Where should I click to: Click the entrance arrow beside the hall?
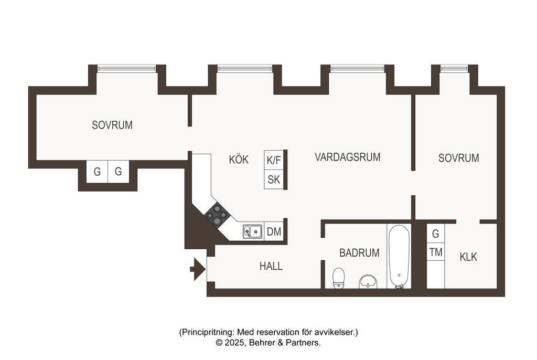pyautogui.click(x=198, y=269)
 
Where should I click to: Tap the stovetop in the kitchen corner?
pyautogui.click(x=217, y=215)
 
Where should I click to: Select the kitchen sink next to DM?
pyautogui.click(x=253, y=232)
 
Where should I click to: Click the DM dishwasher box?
pyautogui.click(x=274, y=232)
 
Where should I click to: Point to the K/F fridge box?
pyautogui.click(x=274, y=160)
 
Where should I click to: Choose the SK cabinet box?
pyautogui.click(x=274, y=179)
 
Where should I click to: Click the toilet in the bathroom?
pyautogui.click(x=339, y=278)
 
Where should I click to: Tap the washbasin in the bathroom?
pyautogui.click(x=368, y=282)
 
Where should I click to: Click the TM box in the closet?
pyautogui.click(x=436, y=252)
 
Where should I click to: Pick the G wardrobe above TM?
pyautogui.click(x=436, y=234)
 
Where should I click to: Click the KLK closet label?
pyautogui.click(x=468, y=257)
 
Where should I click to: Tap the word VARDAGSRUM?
pyautogui.click(x=348, y=157)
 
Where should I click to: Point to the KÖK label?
pyautogui.click(x=239, y=160)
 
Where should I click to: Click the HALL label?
pyautogui.click(x=271, y=266)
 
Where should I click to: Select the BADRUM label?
pyautogui.click(x=359, y=253)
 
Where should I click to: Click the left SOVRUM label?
pyautogui.click(x=112, y=125)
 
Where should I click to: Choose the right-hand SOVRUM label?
pyautogui.click(x=458, y=158)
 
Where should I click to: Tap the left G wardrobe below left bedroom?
pyautogui.click(x=97, y=172)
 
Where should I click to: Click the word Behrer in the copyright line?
pyautogui.click(x=261, y=343)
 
